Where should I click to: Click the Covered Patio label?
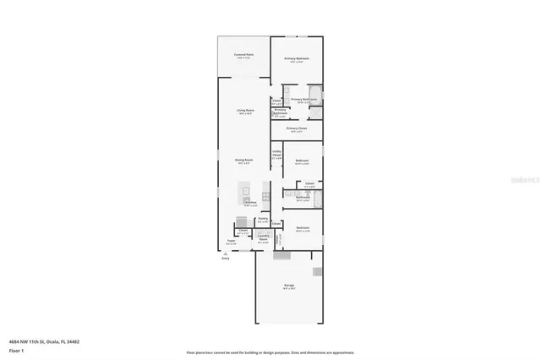(x=244, y=56)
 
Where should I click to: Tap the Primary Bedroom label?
(x=296, y=59)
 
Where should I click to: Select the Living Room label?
(x=245, y=112)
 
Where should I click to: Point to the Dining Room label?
(x=245, y=160)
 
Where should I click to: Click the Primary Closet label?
(x=297, y=129)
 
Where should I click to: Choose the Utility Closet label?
(x=276, y=155)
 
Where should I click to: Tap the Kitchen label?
(x=250, y=203)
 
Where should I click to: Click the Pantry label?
(x=263, y=221)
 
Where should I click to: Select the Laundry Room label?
(x=263, y=238)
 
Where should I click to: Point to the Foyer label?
(x=231, y=243)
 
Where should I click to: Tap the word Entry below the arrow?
(x=226, y=259)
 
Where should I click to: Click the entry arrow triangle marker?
(x=225, y=253)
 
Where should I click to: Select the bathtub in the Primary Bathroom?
(x=314, y=95)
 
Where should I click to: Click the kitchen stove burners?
(x=265, y=197)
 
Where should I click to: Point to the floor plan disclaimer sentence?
(x=270, y=352)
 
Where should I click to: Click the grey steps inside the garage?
(x=317, y=271)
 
